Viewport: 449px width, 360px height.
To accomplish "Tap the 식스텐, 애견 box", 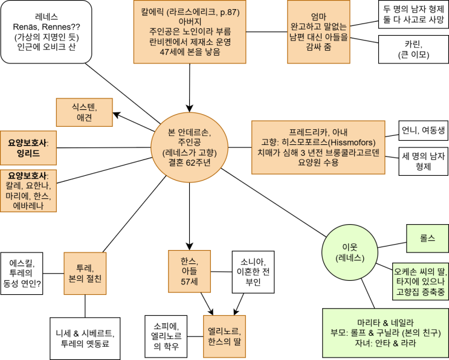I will [x=81, y=112].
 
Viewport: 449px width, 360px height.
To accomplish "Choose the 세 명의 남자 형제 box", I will [x=422, y=161].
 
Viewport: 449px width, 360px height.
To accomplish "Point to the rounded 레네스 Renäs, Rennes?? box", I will [x=46, y=31].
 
